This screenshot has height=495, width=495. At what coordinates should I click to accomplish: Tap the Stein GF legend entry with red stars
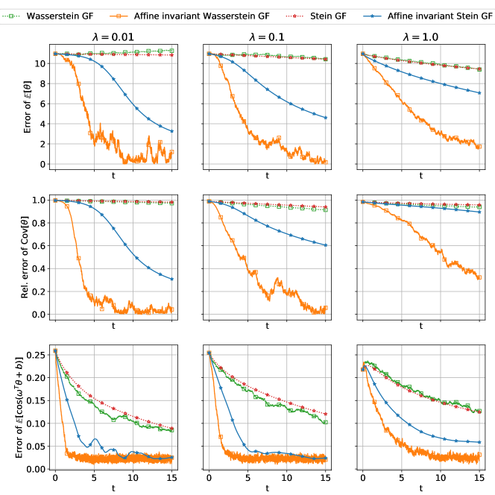pos(332,15)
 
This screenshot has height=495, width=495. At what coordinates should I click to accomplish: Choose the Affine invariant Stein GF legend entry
pos(441,15)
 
